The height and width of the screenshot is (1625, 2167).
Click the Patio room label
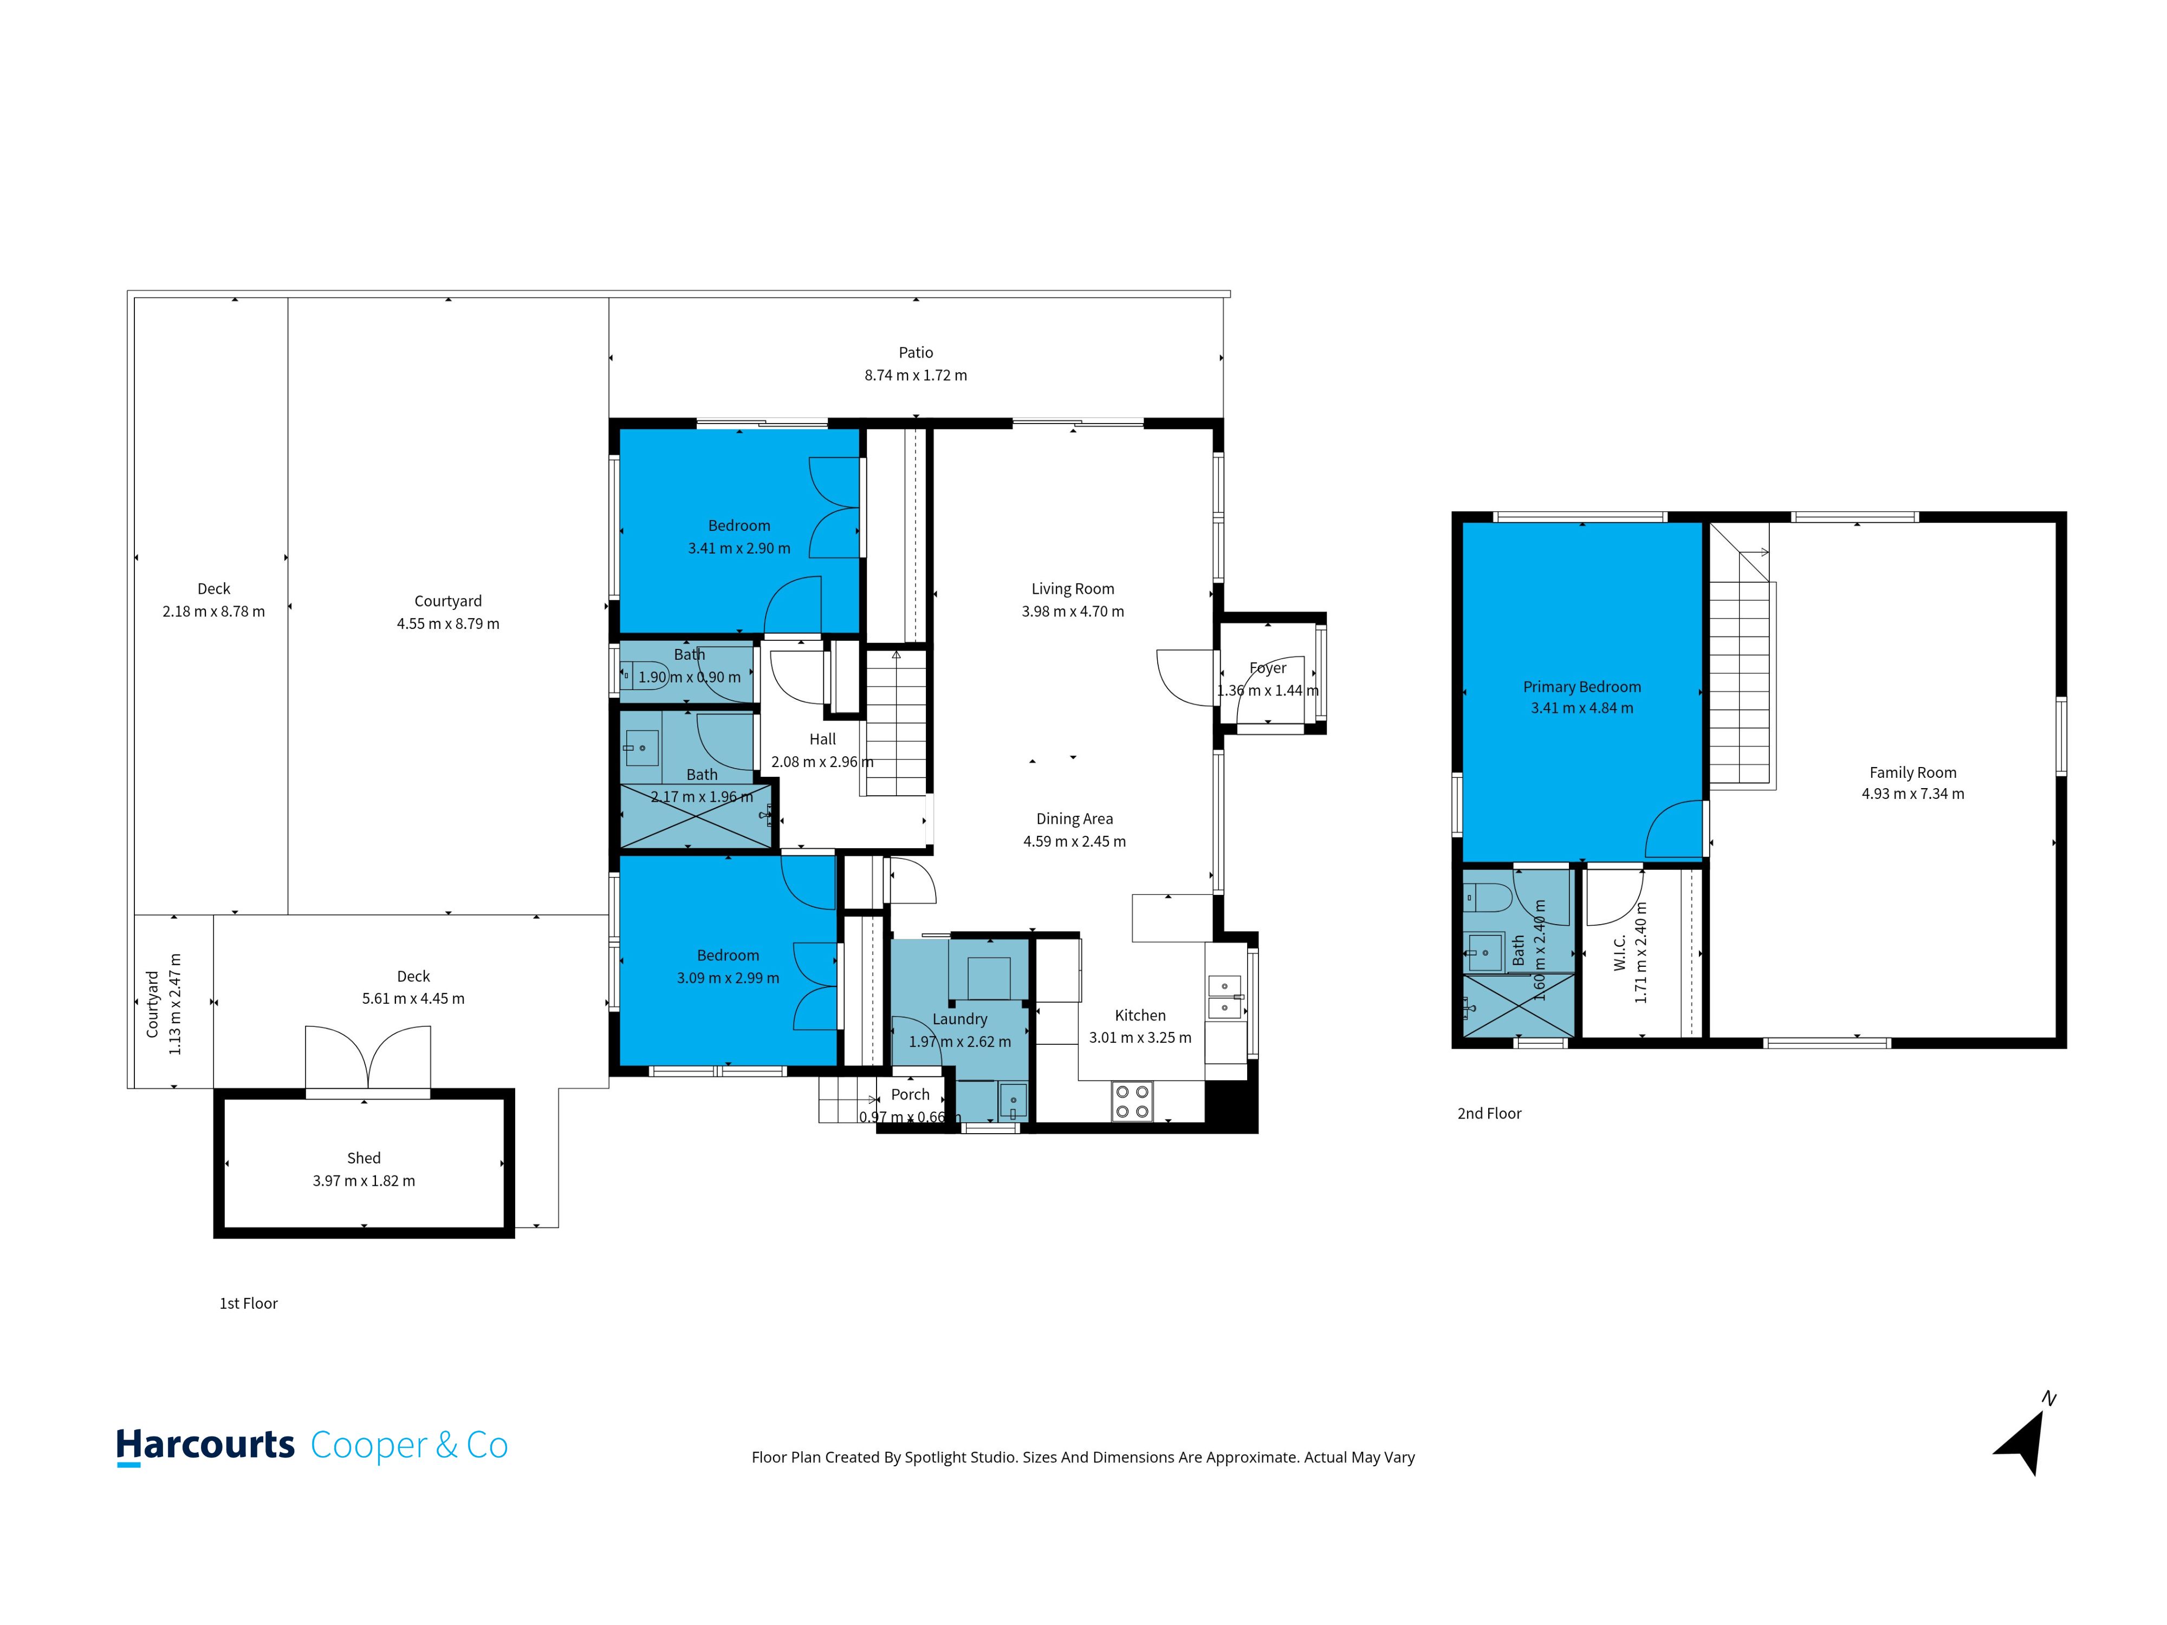(x=916, y=353)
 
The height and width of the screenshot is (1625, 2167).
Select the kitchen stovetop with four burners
(x=1132, y=1101)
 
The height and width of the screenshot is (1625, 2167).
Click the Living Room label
(x=1073, y=589)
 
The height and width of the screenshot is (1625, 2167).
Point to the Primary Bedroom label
(x=1582, y=687)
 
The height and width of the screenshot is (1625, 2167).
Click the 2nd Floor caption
(x=1489, y=1114)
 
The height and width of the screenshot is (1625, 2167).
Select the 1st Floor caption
(x=249, y=1304)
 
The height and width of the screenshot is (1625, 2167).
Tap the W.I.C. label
(x=1619, y=952)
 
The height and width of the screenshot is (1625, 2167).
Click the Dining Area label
(x=1075, y=819)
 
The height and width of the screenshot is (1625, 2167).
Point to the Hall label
(x=823, y=739)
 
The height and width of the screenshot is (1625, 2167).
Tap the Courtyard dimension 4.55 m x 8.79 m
(x=447, y=624)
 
